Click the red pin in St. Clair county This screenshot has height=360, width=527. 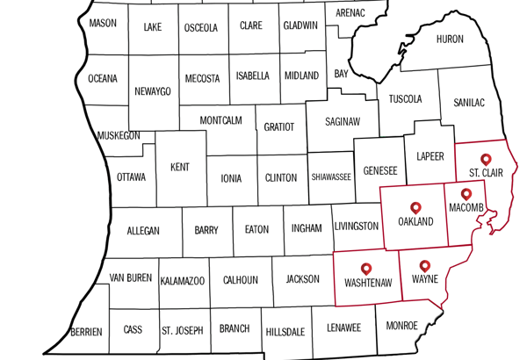point(486,161)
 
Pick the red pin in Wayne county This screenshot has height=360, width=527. point(425,266)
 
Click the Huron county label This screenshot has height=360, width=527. point(450,40)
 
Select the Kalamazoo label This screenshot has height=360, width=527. point(183,281)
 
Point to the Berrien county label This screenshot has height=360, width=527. point(87,331)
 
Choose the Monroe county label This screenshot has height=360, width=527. point(402,325)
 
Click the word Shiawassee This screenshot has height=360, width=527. point(331,177)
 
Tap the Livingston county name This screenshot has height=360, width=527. point(357,227)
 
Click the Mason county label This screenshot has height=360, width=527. point(103,23)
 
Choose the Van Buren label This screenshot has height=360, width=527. point(131,277)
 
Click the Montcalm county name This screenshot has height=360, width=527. point(220,119)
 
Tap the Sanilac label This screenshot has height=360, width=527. point(469,103)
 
